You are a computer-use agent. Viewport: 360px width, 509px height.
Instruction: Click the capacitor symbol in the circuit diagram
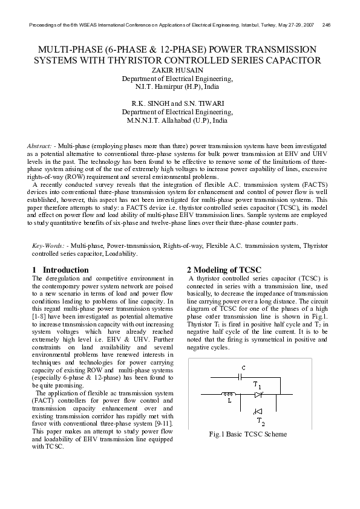241,376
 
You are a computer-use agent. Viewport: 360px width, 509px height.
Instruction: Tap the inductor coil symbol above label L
229,394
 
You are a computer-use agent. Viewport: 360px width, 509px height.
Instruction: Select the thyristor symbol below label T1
258,394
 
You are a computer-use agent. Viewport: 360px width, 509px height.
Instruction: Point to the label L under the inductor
229,400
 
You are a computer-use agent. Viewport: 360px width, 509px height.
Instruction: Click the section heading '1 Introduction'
60,270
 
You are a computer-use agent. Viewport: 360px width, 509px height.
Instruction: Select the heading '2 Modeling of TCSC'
224,270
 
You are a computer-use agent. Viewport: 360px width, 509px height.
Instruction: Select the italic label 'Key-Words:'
48,247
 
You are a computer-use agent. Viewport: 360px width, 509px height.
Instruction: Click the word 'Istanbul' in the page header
241,25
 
